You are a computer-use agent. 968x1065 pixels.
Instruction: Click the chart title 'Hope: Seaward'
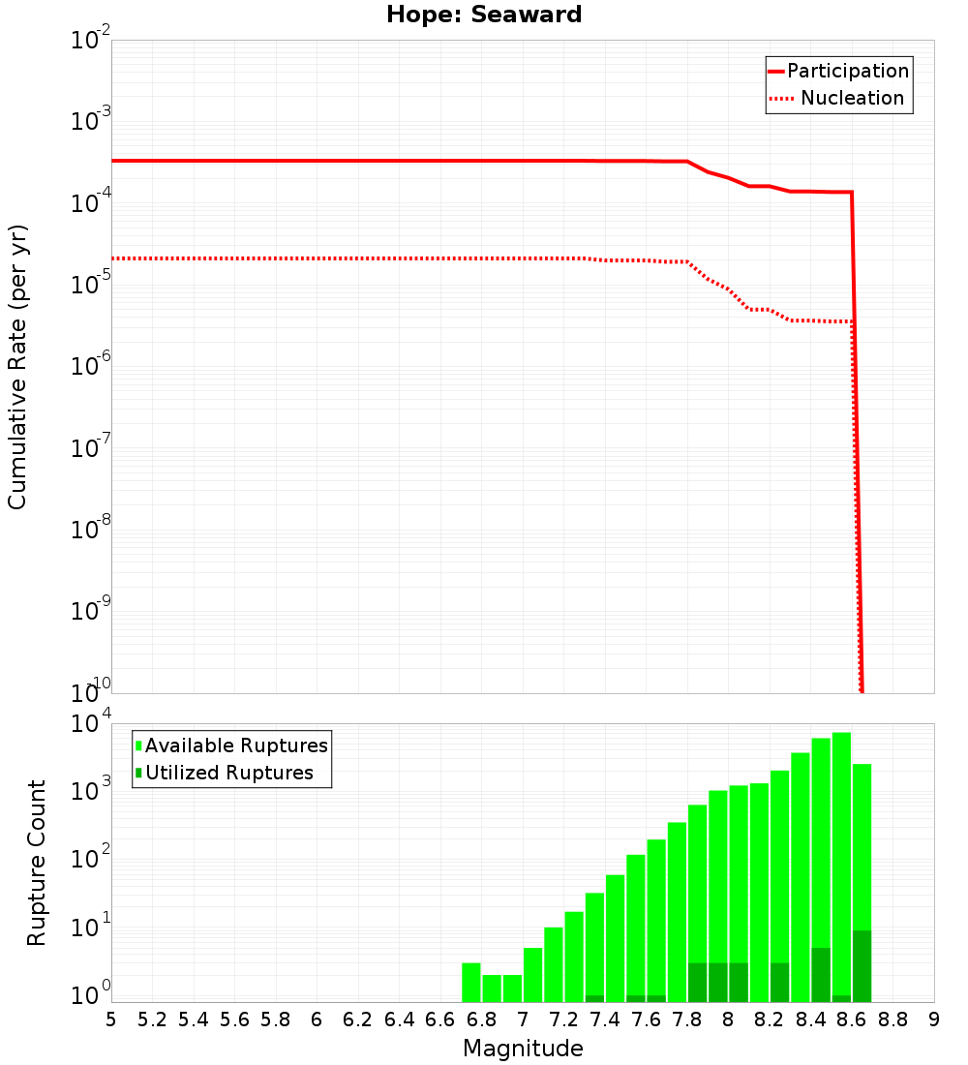tap(484, 15)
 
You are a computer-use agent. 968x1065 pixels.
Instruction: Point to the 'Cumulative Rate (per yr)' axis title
tap(17, 367)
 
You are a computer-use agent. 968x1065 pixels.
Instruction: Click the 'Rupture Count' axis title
tap(37, 862)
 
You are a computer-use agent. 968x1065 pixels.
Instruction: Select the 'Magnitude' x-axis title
tap(523, 1048)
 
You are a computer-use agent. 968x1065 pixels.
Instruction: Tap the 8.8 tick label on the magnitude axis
tap(893, 1019)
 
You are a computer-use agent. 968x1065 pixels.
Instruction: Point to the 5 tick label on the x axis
tap(111, 1019)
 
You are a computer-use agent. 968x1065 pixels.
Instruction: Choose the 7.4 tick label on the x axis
tap(605, 1019)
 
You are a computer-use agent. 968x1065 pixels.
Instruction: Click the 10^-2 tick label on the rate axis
tap(91, 42)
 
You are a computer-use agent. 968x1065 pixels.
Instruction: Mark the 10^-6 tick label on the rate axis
tap(91, 367)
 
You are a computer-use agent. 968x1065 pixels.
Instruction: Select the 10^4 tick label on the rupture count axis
tap(91, 725)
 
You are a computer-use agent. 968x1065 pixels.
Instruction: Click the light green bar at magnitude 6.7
tap(471, 982)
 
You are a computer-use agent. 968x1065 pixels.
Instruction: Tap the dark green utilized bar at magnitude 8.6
tap(862, 966)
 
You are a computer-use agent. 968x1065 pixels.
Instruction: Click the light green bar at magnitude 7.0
tap(532, 974)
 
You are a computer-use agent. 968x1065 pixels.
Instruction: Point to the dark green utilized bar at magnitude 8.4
tap(821, 975)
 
